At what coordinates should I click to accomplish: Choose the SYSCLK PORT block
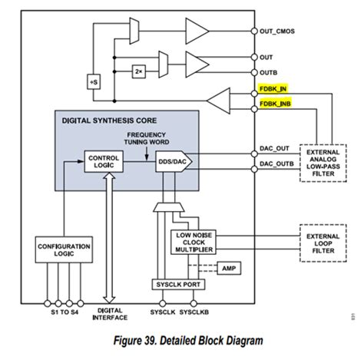coord(179,284)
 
